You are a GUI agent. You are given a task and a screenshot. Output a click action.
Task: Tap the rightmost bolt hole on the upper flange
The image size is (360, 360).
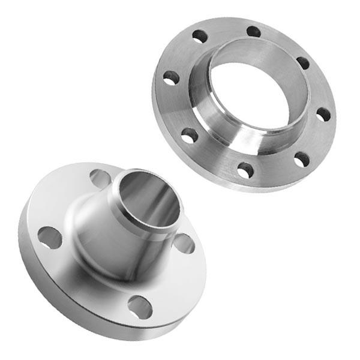tap(323, 114)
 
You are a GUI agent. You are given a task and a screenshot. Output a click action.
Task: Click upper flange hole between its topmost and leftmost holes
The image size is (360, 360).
tap(200, 36)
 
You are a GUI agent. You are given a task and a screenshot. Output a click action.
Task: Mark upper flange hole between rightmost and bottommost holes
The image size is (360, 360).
tap(302, 159)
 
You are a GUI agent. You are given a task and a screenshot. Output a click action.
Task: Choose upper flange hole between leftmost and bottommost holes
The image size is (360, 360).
tap(190, 136)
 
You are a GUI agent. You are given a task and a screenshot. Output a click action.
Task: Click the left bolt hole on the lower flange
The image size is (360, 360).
tap(50, 238)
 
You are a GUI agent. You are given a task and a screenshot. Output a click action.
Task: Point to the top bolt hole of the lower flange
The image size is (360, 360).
tap(99, 178)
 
